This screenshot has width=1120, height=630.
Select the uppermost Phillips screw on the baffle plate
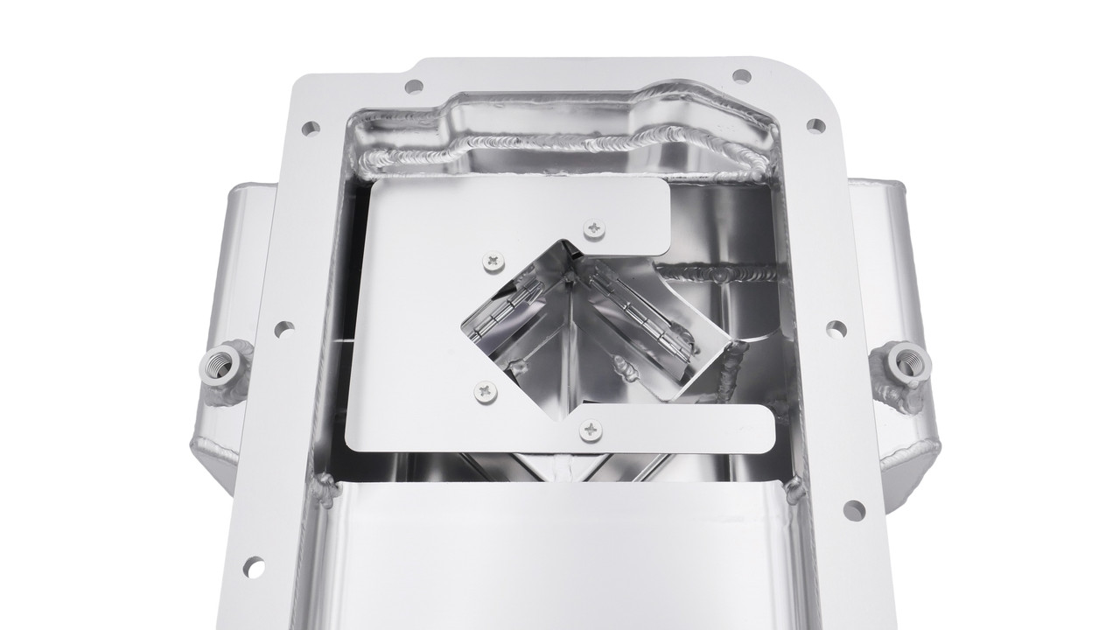click(594, 227)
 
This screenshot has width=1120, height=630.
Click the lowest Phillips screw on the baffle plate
click(591, 430)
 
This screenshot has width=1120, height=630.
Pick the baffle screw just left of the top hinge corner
click(493, 260)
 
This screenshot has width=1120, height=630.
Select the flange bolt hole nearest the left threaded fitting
click(283, 330)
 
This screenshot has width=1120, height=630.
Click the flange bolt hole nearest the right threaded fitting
click(836, 329)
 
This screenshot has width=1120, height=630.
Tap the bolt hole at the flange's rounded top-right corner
click(815, 126)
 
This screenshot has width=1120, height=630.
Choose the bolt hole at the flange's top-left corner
click(414, 87)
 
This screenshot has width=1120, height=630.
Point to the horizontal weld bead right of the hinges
click(726, 275)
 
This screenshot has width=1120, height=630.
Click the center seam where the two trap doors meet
click(570, 350)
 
